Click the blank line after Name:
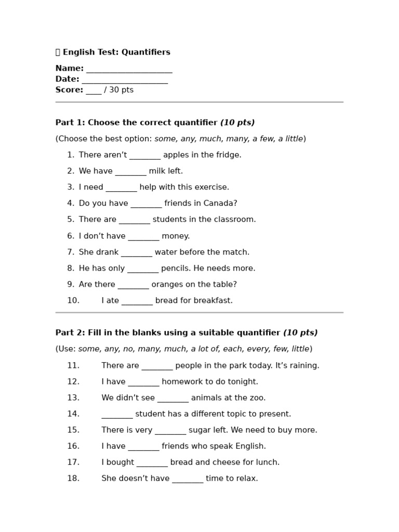pos(129,69)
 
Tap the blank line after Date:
pos(125,80)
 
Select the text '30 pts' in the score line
pos(121,90)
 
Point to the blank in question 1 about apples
pos(145,155)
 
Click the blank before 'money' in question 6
pos(143,236)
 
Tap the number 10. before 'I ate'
pos(73,301)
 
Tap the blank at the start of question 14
pos(117,415)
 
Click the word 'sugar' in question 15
pos(199,430)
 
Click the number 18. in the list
pos(73,478)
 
